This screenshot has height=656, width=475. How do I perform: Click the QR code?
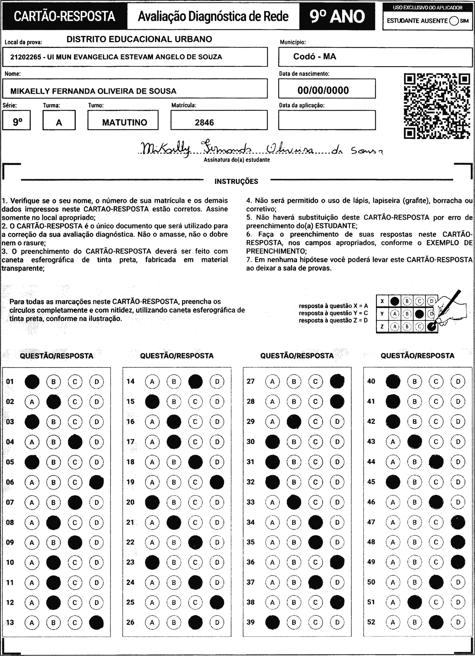click(437, 106)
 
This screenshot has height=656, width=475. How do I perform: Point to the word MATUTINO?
click(125, 122)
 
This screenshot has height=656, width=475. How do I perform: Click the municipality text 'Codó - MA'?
click(315, 56)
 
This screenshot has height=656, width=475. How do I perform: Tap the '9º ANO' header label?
click(337, 17)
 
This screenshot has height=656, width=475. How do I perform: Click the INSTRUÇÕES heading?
click(236, 181)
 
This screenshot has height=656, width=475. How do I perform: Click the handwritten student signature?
click(260, 149)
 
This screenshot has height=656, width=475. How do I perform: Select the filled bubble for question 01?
click(32, 381)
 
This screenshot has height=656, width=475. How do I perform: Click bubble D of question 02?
click(97, 402)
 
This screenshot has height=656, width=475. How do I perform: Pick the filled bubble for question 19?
click(217, 482)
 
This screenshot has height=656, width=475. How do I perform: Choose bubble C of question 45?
click(436, 482)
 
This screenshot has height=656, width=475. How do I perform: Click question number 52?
click(371, 622)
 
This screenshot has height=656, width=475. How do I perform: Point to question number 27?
click(251, 381)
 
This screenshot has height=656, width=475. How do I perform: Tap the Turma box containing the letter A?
click(59, 120)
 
